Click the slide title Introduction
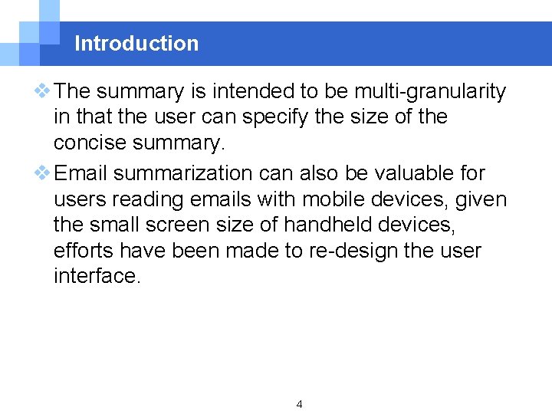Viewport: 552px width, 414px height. [136, 44]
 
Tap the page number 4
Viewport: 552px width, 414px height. [299, 404]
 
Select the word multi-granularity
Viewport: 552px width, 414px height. [429, 92]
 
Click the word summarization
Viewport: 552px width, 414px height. [190, 173]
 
